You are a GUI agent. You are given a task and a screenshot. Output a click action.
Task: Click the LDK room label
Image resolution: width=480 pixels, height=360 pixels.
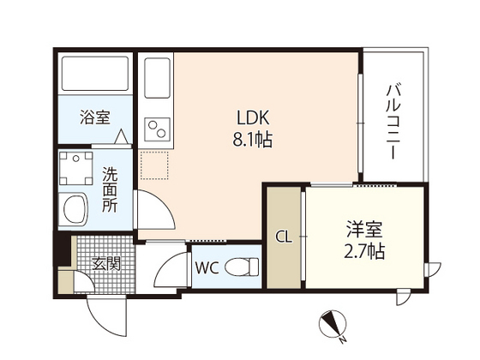255,117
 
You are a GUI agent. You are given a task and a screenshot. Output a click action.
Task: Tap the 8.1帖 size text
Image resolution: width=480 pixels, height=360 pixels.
255,139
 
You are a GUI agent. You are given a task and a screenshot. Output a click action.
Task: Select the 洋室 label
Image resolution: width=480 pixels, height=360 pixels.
364,229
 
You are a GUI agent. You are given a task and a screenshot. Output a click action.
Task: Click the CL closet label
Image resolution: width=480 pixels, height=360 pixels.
283,237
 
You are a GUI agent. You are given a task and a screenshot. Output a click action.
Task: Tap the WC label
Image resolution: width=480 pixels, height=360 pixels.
207,267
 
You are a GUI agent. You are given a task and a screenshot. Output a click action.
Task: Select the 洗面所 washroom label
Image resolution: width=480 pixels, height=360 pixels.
111,189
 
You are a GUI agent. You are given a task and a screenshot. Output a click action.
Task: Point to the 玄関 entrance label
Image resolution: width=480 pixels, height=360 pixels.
106,262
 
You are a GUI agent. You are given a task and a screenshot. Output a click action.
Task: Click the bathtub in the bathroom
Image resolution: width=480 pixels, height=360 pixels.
94,75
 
